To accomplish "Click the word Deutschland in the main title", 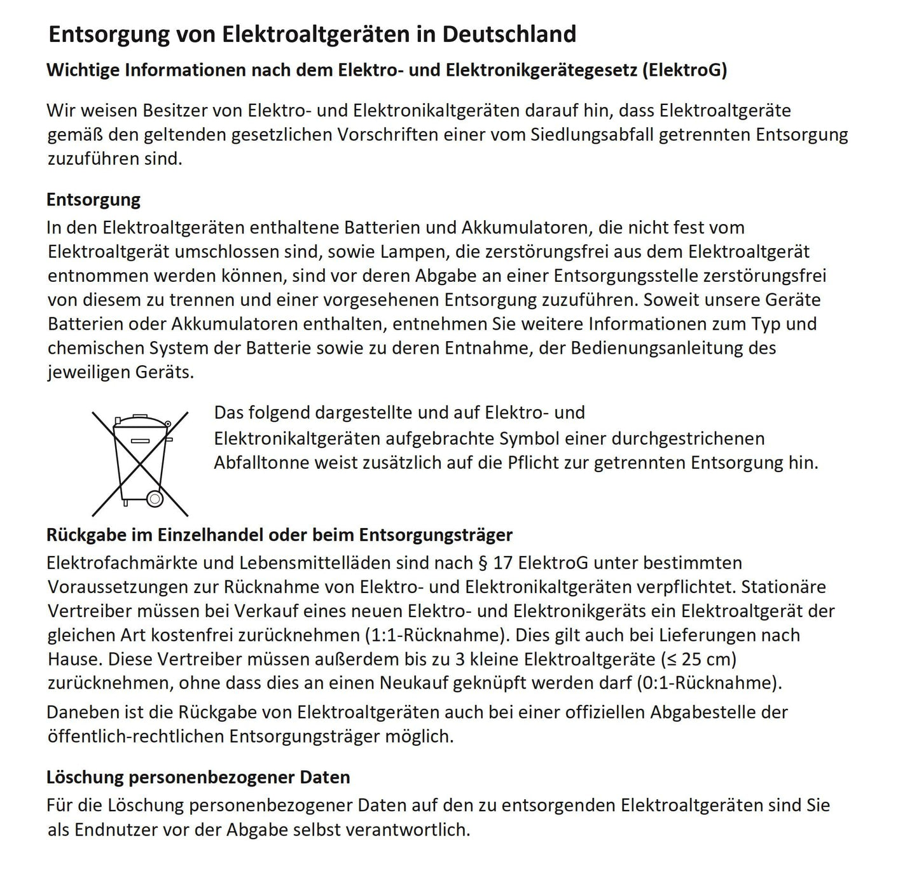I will click(x=509, y=34).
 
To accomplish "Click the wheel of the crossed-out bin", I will click(x=155, y=498).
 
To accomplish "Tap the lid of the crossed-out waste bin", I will click(x=139, y=421).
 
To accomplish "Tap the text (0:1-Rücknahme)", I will click(x=709, y=683).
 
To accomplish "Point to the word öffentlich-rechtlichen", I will click(x=135, y=736).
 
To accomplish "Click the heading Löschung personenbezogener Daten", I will click(x=198, y=777).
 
